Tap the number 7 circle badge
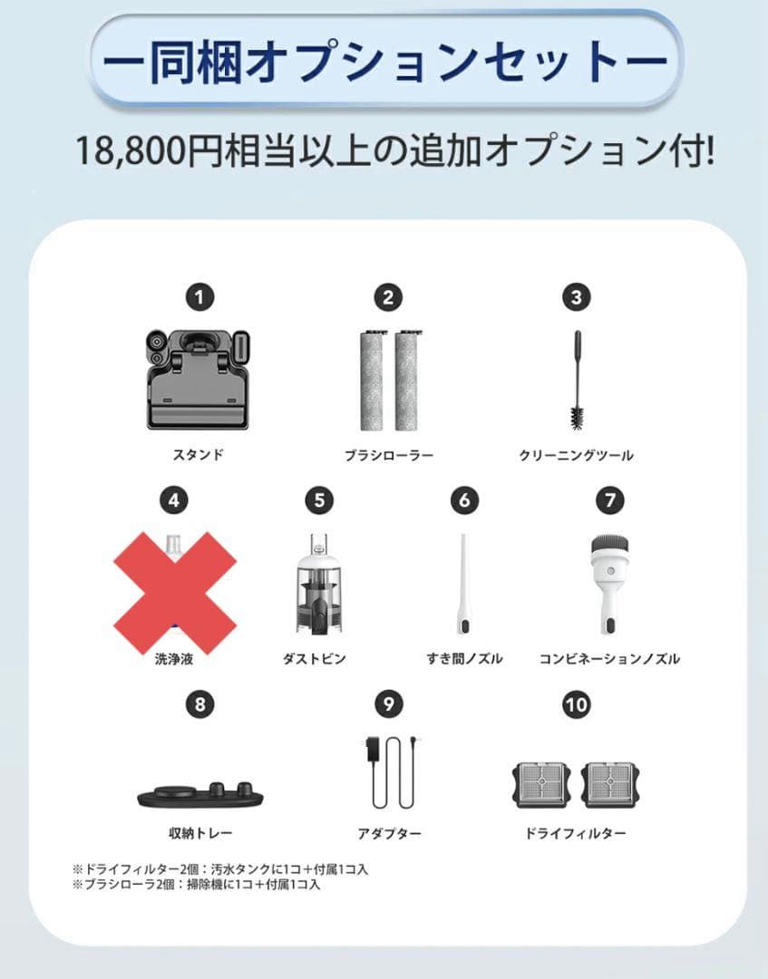609,500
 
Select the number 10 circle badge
575,705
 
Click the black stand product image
198,377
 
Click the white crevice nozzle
463,586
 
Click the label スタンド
198,455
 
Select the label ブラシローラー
387,455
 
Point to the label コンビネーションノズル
609,659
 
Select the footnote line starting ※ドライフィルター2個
221,868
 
